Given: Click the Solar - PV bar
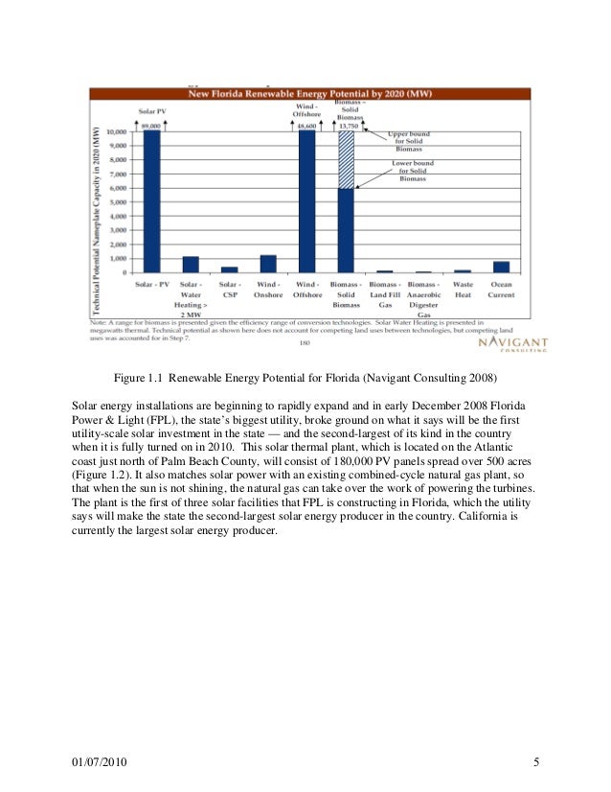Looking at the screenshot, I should pyautogui.click(x=150, y=201).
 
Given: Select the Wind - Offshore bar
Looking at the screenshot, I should pyautogui.click(x=306, y=201).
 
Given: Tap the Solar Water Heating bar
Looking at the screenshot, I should pyautogui.click(x=191, y=266).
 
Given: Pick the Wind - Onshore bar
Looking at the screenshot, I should pyautogui.click(x=268, y=265).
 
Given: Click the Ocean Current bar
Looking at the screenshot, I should pyautogui.click(x=501, y=268).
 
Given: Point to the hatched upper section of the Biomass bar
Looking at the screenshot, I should pyautogui.click(x=346, y=159).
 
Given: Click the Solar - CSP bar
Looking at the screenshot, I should pyautogui.click(x=229, y=270).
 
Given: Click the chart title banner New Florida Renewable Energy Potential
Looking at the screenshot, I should pyautogui.click(x=307, y=94).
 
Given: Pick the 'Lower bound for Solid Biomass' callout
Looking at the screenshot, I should pyautogui.click(x=413, y=171).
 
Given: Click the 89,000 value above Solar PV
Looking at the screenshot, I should pyautogui.click(x=150, y=126).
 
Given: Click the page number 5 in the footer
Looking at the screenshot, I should pyautogui.click(x=536, y=763).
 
